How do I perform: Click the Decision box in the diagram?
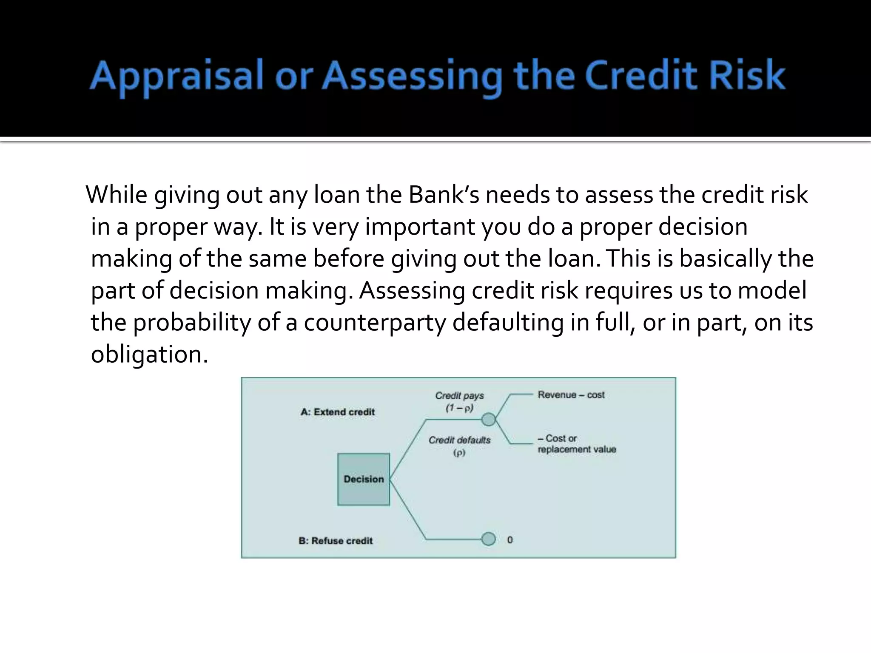click(x=364, y=479)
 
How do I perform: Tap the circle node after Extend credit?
click(x=489, y=420)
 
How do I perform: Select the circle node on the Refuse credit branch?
click(x=489, y=539)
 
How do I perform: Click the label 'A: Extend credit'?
click(x=338, y=412)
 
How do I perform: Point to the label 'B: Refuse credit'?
click(x=336, y=541)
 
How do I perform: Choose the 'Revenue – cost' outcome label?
click(x=571, y=395)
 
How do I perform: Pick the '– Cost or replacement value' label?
click(x=576, y=444)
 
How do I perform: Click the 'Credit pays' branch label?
click(x=459, y=396)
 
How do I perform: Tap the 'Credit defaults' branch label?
click(x=459, y=440)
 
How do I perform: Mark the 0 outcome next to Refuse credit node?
click(x=510, y=540)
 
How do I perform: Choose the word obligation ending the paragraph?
click(x=149, y=354)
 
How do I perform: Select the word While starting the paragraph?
click(x=117, y=195)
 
